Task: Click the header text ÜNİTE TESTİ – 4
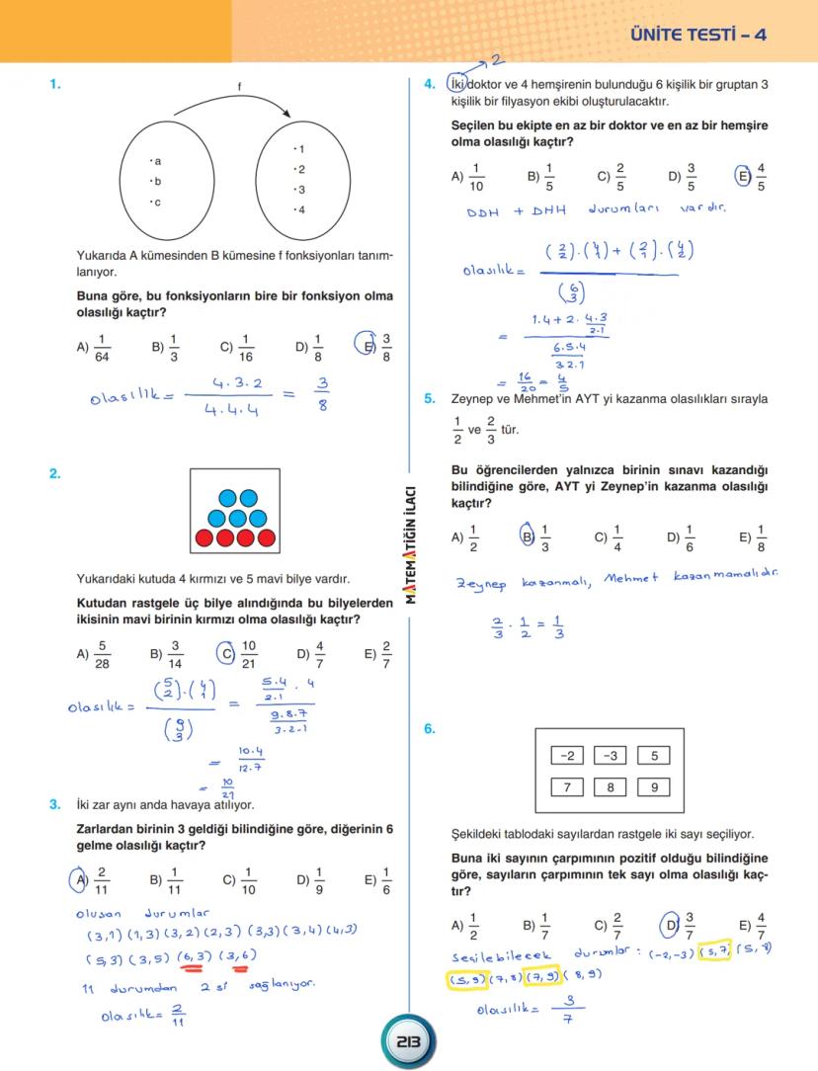coord(697,35)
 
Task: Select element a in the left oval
coord(155,161)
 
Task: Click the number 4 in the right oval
coord(300,209)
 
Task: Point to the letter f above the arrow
coord(239,87)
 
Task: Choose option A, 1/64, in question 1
coord(94,347)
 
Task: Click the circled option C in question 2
coord(224,654)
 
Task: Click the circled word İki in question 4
coord(457,85)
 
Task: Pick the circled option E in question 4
coord(743,177)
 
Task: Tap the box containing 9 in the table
coord(654,787)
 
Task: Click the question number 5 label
coord(430,399)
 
